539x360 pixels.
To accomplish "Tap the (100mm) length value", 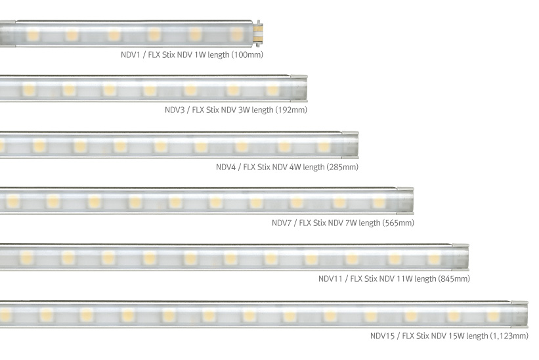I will (x=248, y=55).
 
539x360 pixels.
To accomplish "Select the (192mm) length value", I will (x=292, y=110).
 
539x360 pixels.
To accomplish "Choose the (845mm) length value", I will (x=454, y=279).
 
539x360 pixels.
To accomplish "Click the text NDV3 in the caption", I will (x=175, y=110).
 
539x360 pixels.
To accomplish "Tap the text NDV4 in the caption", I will (x=226, y=167).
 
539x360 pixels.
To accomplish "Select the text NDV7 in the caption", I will (x=282, y=223).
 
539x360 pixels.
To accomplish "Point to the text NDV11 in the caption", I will (x=331, y=279).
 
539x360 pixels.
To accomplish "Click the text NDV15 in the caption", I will (x=383, y=336).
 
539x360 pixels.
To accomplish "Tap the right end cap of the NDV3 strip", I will (x=303, y=88).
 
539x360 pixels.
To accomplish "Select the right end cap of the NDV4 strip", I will (x=353, y=144).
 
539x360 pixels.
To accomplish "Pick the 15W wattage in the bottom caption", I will (x=455, y=336).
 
